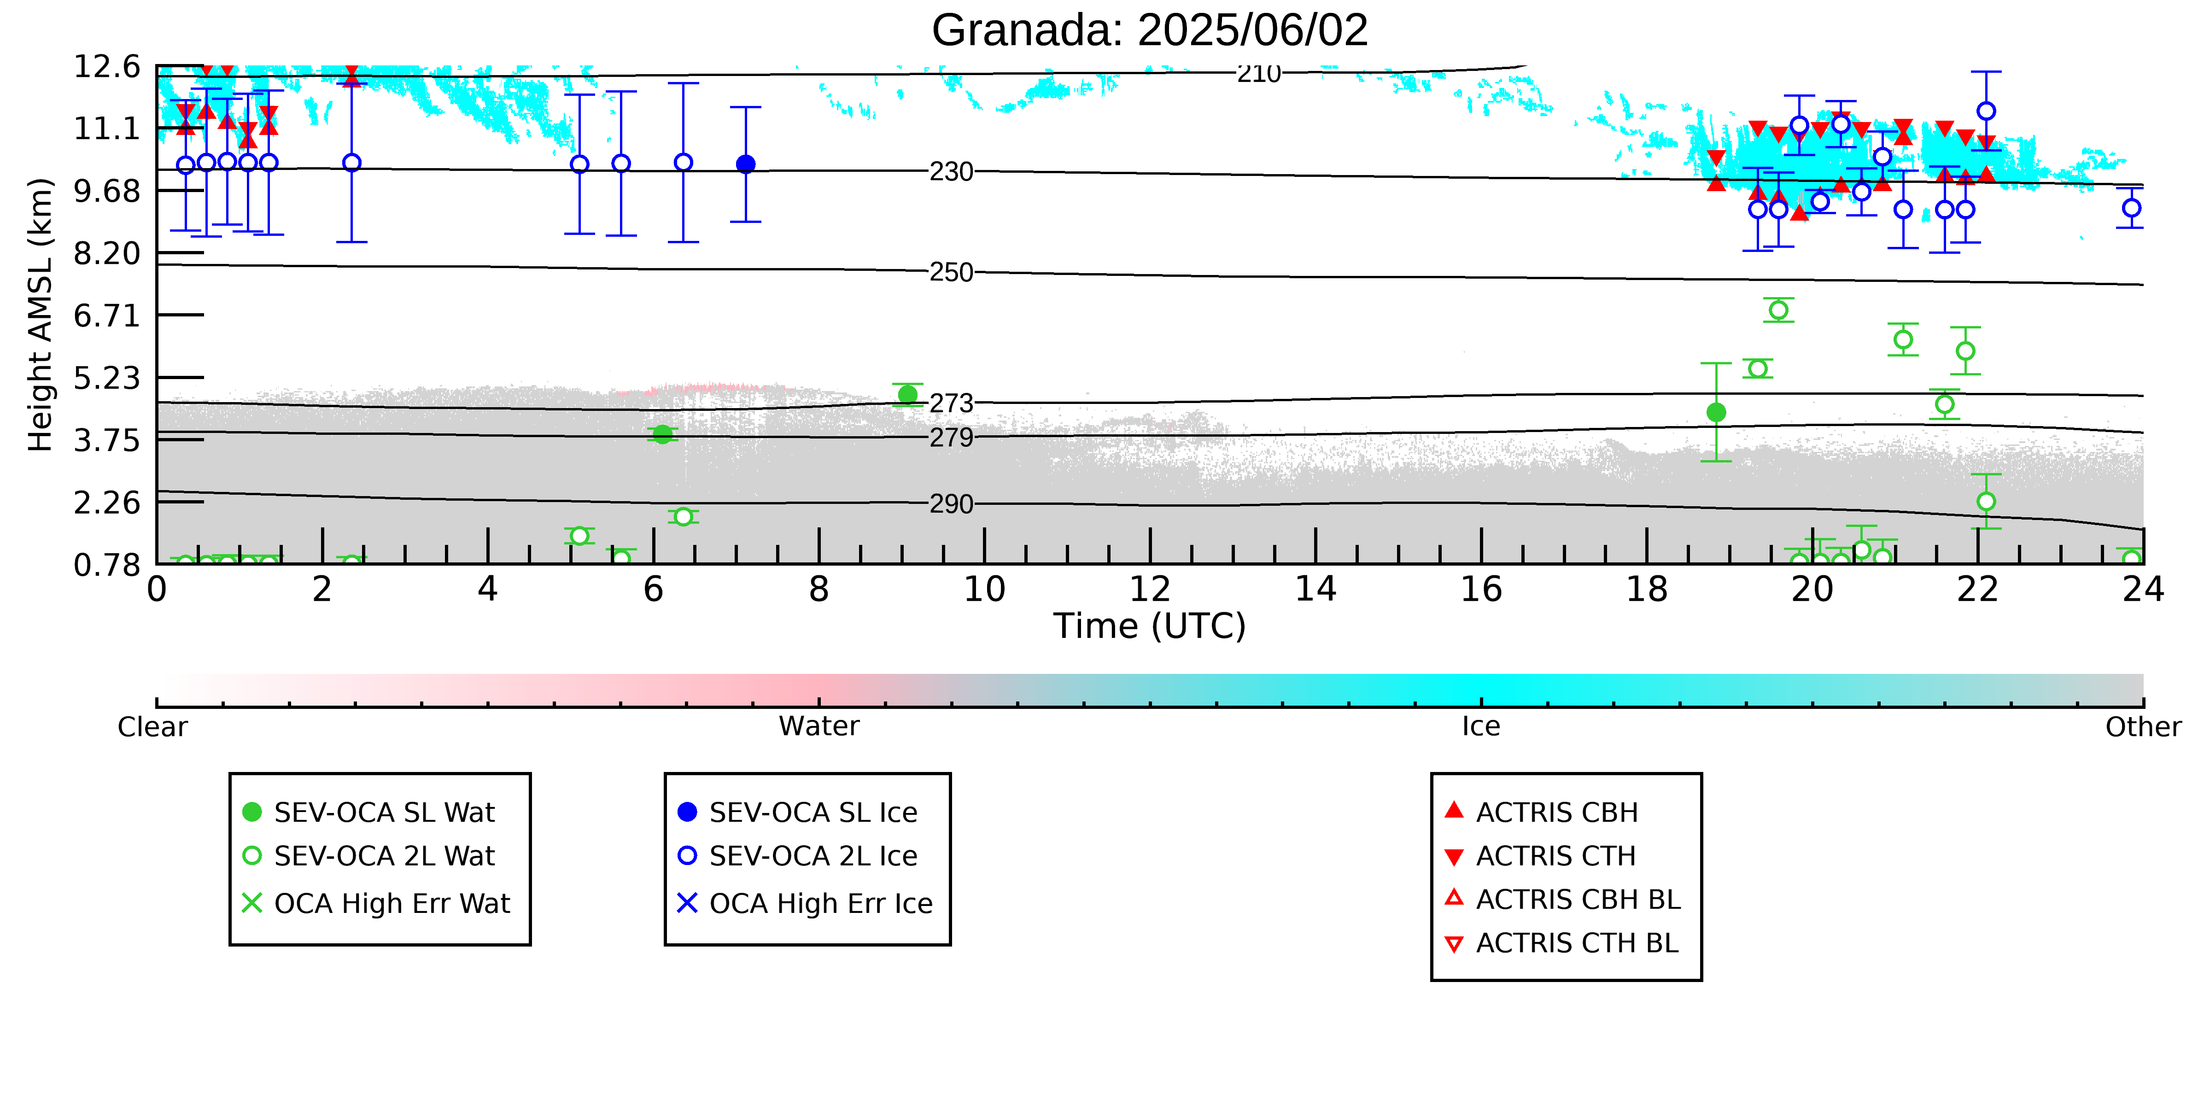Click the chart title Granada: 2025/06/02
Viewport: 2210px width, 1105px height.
click(x=1150, y=31)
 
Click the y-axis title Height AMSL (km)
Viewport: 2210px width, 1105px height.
click(x=41, y=315)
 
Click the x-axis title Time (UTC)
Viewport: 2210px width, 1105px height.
click(x=1150, y=626)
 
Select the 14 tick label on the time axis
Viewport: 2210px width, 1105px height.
click(x=1315, y=590)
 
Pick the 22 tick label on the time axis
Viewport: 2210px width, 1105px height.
click(x=1977, y=590)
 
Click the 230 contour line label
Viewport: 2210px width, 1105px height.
click(x=952, y=172)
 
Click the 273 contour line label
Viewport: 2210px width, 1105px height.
click(x=952, y=403)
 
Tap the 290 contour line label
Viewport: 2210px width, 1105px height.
click(x=952, y=503)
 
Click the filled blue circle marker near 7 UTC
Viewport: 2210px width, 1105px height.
click(x=746, y=164)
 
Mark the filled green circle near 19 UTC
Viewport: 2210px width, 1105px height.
click(x=1716, y=413)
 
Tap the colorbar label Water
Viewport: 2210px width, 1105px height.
click(x=819, y=727)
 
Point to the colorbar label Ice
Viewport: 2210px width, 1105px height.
click(x=1481, y=727)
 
